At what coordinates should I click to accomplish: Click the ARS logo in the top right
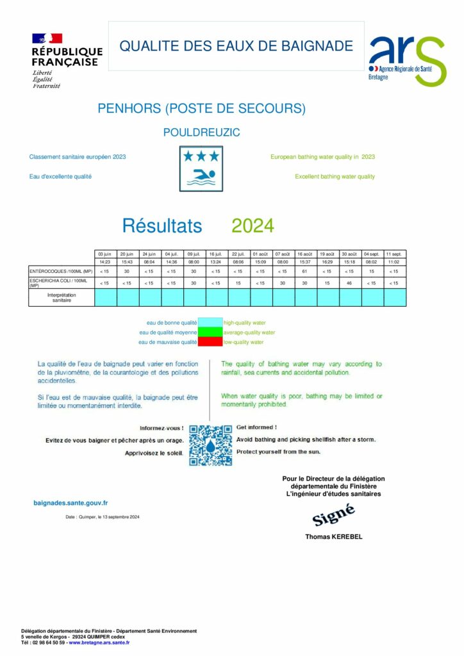[406, 61]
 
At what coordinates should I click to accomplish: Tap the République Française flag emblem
[47, 39]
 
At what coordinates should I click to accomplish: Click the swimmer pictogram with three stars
[201, 168]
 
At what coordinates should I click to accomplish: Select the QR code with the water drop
[210, 445]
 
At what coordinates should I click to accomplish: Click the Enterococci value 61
[305, 271]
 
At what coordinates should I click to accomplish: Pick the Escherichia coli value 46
[349, 283]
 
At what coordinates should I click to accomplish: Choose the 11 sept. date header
[394, 254]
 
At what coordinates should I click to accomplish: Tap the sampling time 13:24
[217, 261]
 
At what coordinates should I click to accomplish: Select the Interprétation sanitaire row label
[62, 297]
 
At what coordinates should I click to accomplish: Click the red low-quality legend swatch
[210, 342]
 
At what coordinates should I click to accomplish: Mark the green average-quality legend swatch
[210, 332]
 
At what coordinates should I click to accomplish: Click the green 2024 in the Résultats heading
[253, 225]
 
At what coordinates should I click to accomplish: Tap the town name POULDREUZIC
[201, 133]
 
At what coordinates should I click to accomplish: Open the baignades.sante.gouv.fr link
[70, 504]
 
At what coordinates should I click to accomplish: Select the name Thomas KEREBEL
[333, 537]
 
